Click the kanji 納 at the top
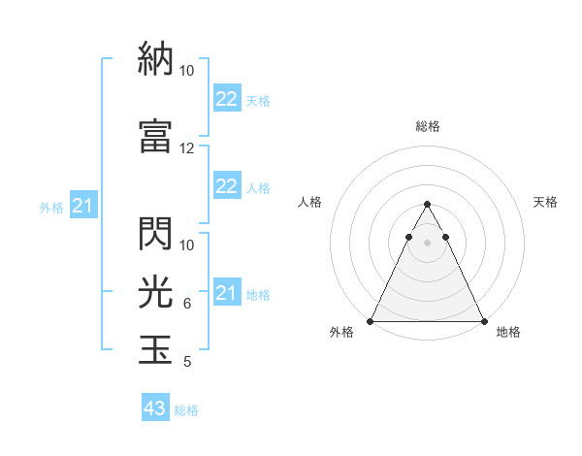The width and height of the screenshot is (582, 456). pyautogui.click(x=155, y=58)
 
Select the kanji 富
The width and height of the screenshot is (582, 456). pyautogui.click(x=155, y=135)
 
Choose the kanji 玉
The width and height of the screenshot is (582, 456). pyautogui.click(x=155, y=348)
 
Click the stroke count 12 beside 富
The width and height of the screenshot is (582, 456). pyautogui.click(x=187, y=148)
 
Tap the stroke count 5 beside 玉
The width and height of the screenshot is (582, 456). pyautogui.click(x=187, y=362)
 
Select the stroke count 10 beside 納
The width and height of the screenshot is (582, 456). pyautogui.click(x=187, y=71)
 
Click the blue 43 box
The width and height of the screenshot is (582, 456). pyautogui.click(x=154, y=408)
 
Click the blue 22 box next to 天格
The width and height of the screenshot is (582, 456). pyautogui.click(x=226, y=99)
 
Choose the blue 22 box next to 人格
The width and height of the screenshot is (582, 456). pyautogui.click(x=226, y=186)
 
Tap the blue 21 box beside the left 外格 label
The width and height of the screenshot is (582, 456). pyautogui.click(x=82, y=206)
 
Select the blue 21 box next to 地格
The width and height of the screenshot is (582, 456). pyautogui.click(x=226, y=293)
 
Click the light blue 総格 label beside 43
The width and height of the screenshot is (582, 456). pyautogui.click(x=186, y=410)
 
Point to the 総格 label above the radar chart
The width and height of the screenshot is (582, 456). pyautogui.click(x=428, y=126)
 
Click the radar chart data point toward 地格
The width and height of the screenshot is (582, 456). pyautogui.click(x=484, y=321)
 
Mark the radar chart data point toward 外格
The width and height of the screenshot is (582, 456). pyautogui.click(x=371, y=321)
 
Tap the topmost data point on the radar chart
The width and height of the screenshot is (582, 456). pyautogui.click(x=428, y=205)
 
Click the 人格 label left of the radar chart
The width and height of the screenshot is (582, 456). pyautogui.click(x=310, y=202)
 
